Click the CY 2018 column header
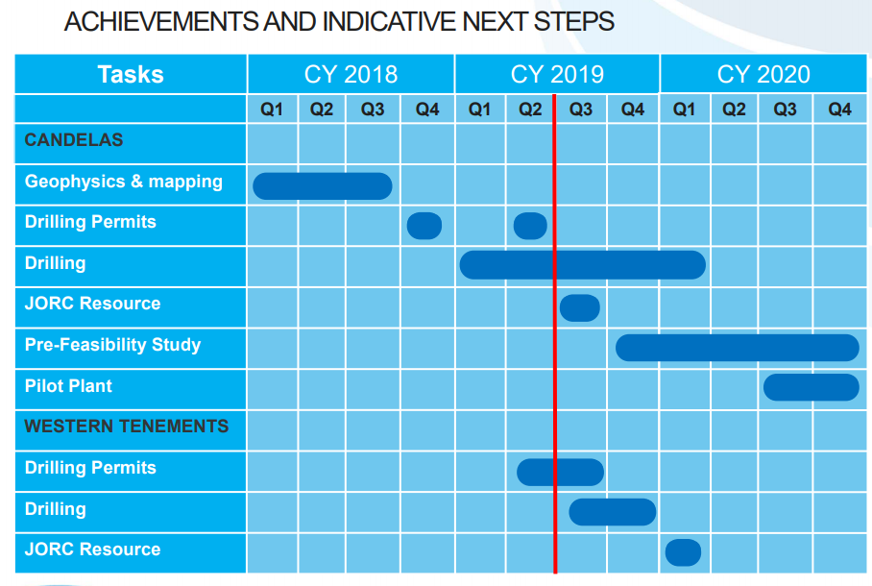coord(351,74)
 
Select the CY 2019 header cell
coord(557,74)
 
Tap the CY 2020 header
coord(763,74)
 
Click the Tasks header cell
coord(131,74)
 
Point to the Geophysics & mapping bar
coord(323,185)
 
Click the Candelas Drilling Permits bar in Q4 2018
coord(424,226)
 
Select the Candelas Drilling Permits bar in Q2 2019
coord(530,226)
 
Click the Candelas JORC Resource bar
coord(579,307)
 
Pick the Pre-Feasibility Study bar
coord(738,348)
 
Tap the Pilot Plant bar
coord(811,387)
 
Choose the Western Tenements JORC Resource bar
coord(683,552)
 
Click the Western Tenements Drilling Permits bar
coord(560,473)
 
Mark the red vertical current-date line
coord(555,334)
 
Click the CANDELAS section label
coord(73,139)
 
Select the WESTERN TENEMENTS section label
coord(127,427)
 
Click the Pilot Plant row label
coord(68,385)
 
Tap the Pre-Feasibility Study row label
coord(113,345)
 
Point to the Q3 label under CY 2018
coord(373,110)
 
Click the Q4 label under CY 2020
coord(839,110)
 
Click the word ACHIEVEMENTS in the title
coord(161,22)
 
